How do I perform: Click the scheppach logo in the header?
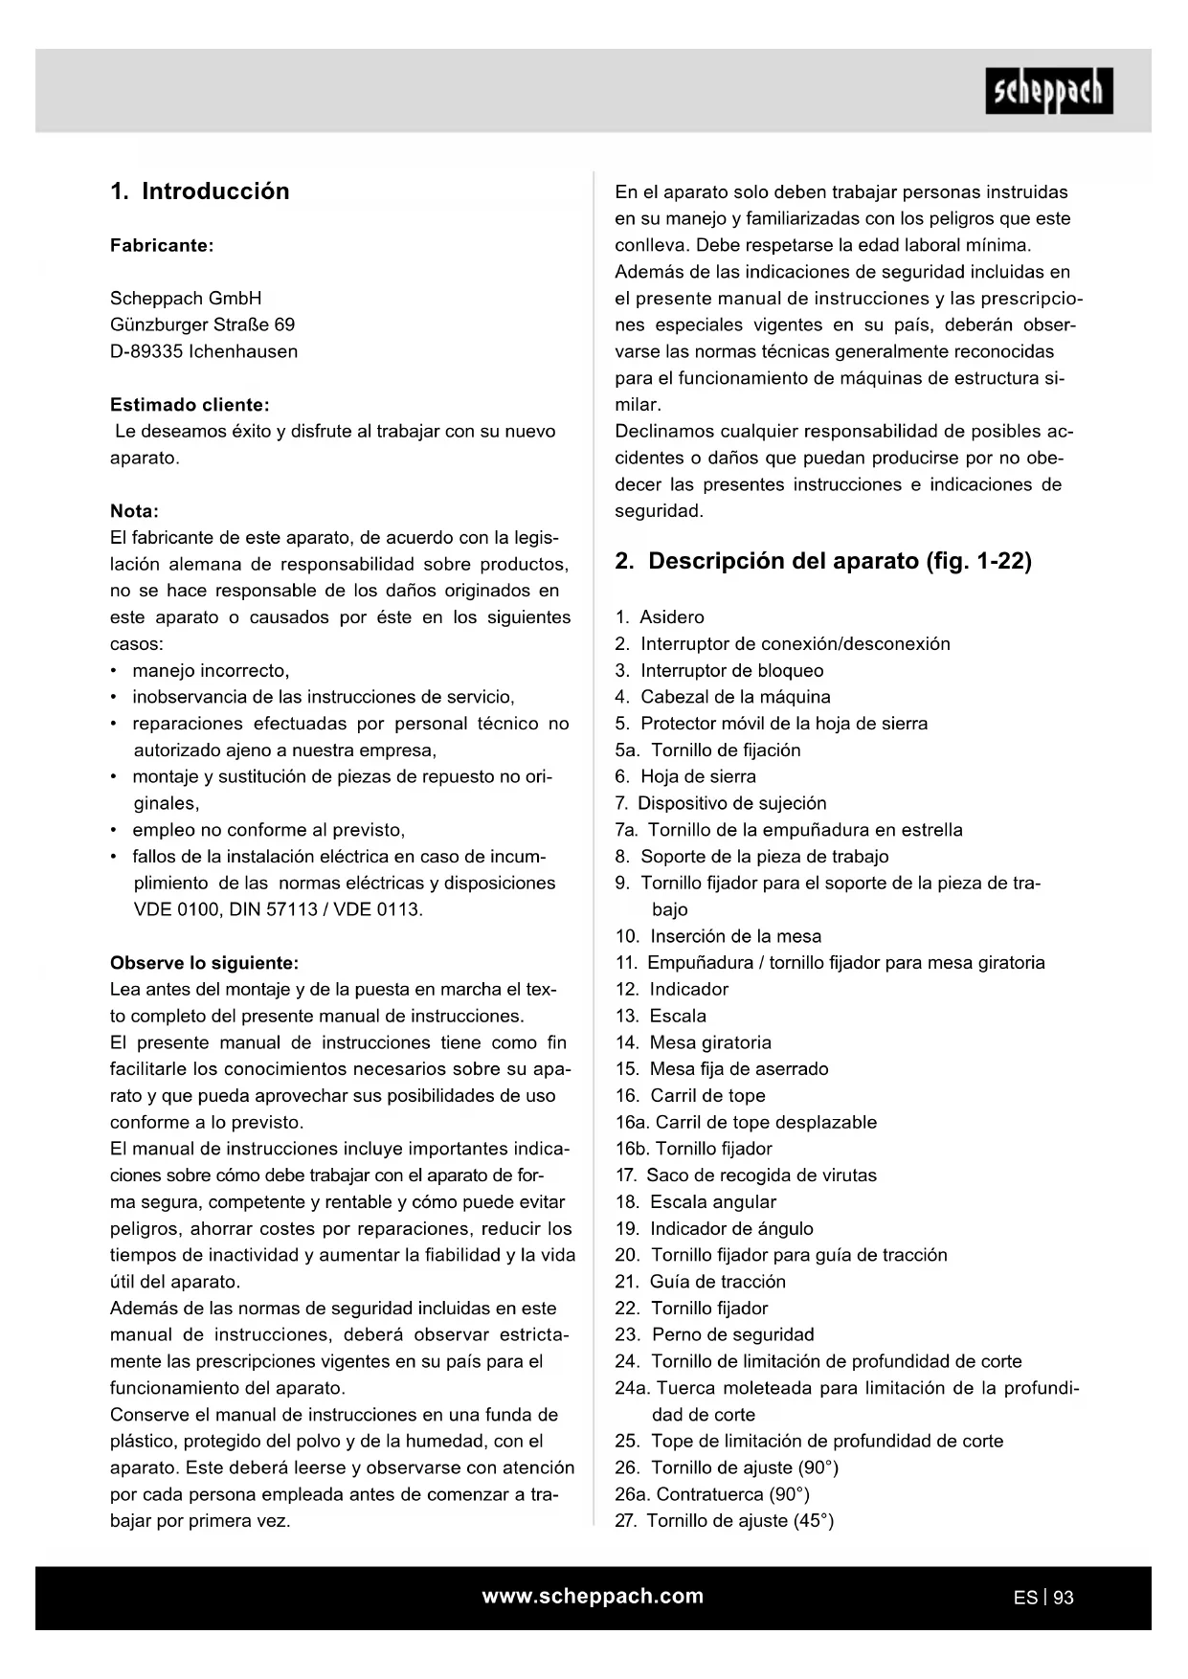[1048, 91]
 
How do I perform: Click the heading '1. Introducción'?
[199, 191]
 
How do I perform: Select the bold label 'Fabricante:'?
[161, 245]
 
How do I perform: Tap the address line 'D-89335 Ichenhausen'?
[203, 351]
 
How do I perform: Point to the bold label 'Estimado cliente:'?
[190, 405]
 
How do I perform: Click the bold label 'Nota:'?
[134, 511]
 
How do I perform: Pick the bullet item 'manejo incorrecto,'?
[211, 670]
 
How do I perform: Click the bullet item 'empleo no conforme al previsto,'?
[268, 830]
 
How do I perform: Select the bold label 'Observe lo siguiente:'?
[204, 963]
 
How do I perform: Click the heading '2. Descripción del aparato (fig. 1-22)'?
[823, 561]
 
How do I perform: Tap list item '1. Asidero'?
[660, 617]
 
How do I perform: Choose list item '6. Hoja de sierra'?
[685, 776]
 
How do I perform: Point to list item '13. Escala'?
[661, 1016]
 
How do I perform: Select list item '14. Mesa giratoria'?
[693, 1042]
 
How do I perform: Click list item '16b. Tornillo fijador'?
[693, 1149]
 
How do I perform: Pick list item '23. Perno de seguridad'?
[714, 1334]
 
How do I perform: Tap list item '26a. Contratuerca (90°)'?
[712, 1494]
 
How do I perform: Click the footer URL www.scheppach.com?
[593, 1596]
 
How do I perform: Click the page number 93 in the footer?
[1063, 1598]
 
